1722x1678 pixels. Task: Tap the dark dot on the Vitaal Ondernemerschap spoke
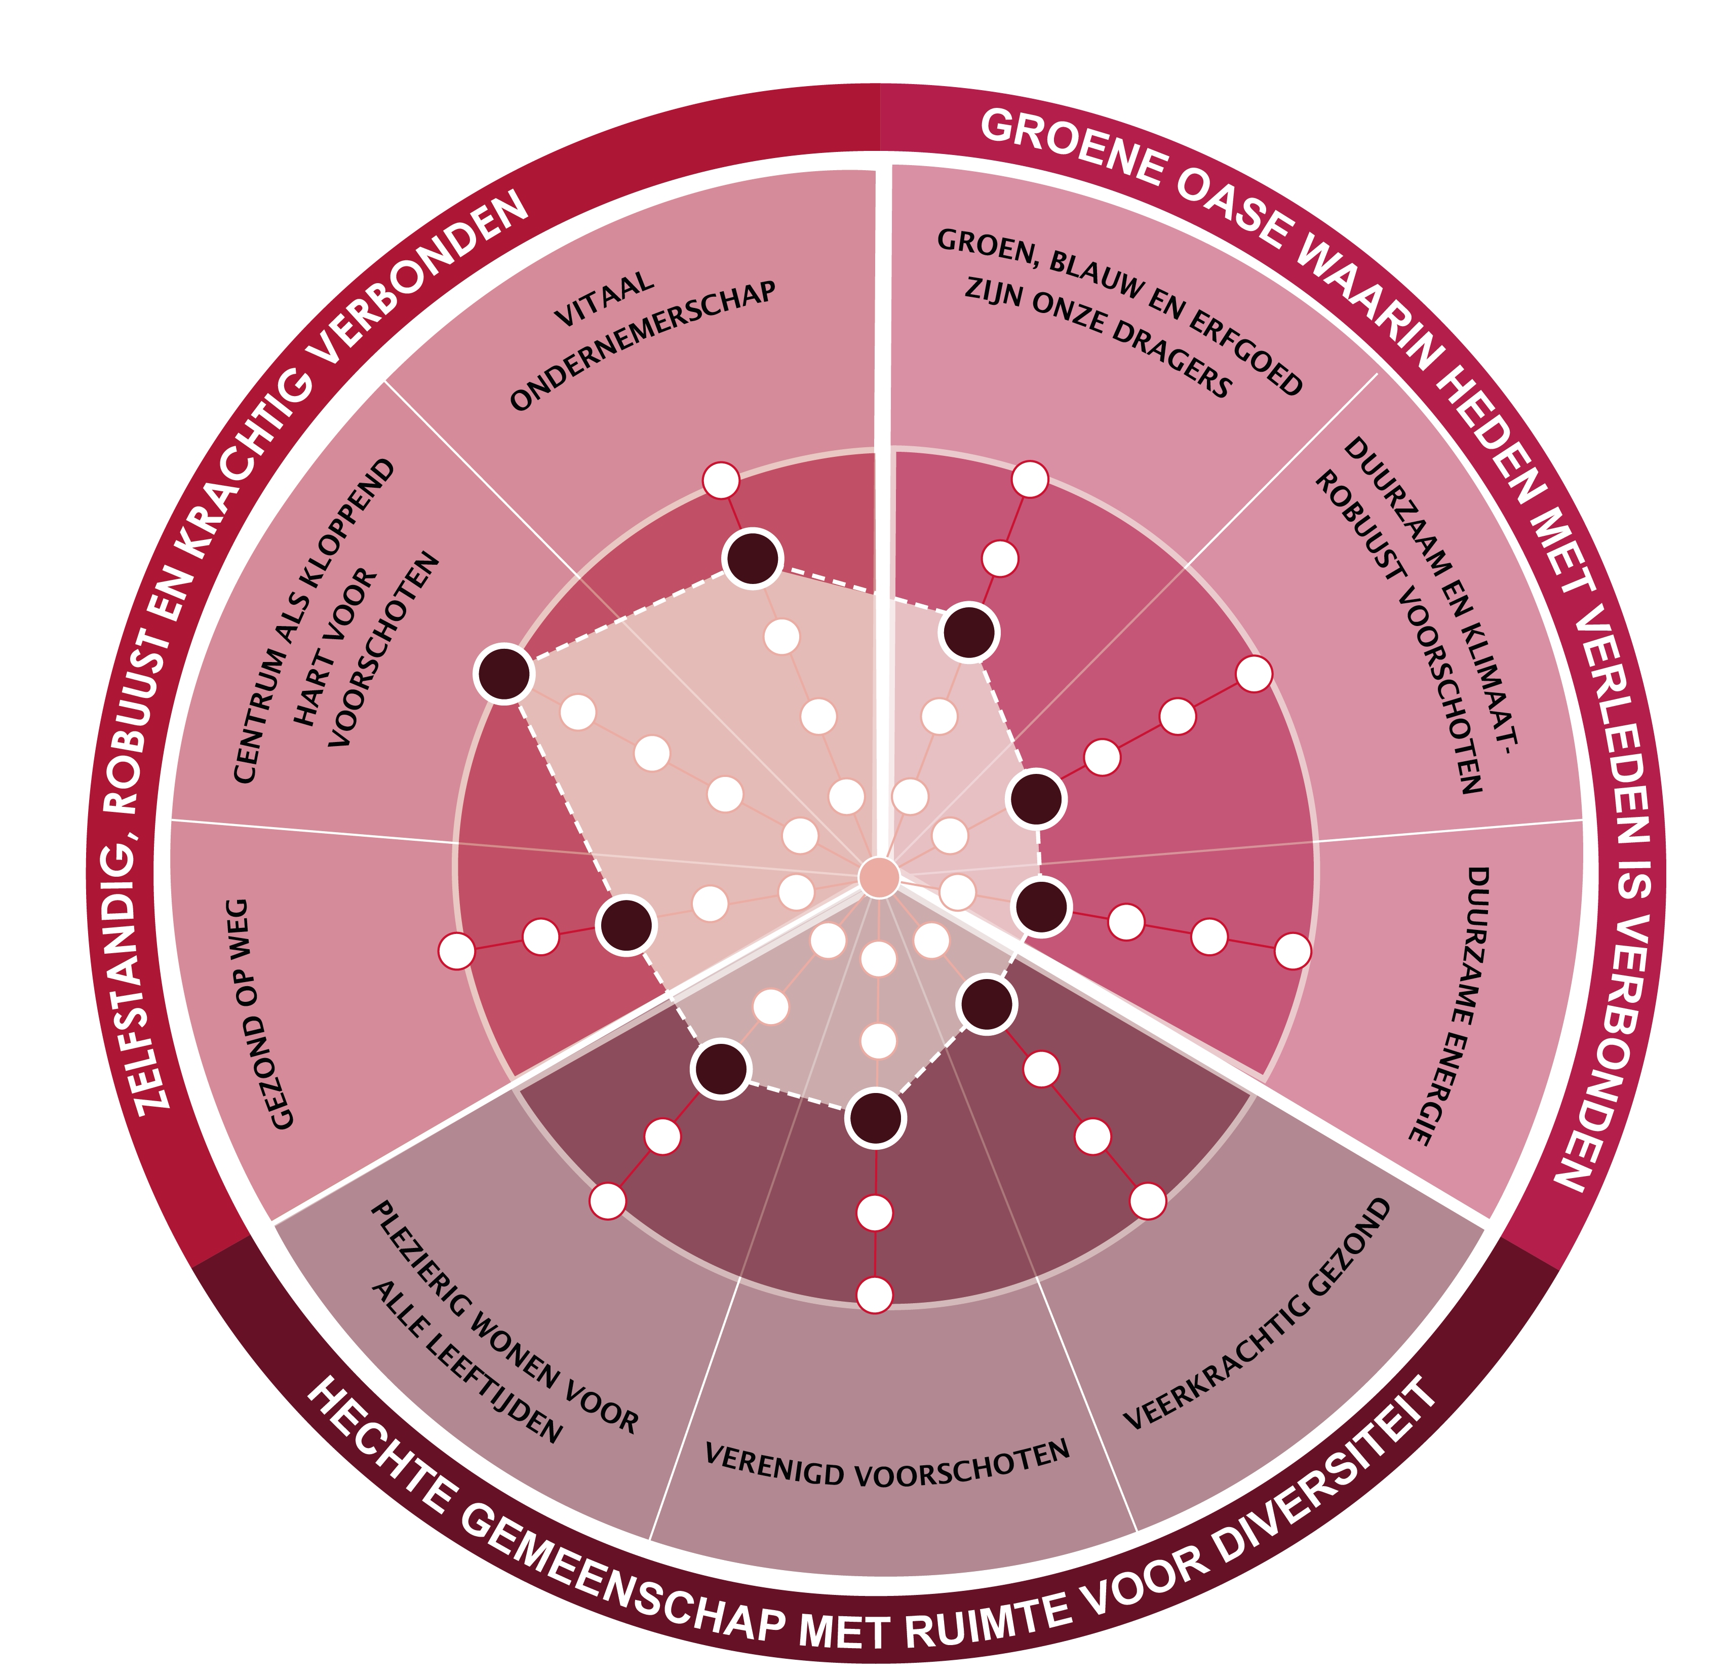pos(752,558)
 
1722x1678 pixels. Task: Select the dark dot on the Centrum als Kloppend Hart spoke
pos(503,673)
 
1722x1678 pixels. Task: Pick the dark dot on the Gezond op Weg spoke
pos(625,924)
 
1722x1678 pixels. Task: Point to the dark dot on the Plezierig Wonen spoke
pos(721,1069)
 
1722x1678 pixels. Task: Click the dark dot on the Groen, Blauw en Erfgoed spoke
pos(969,632)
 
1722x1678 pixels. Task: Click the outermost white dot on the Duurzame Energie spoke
pos(1292,951)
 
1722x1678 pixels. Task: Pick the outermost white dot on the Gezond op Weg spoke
pos(456,951)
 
